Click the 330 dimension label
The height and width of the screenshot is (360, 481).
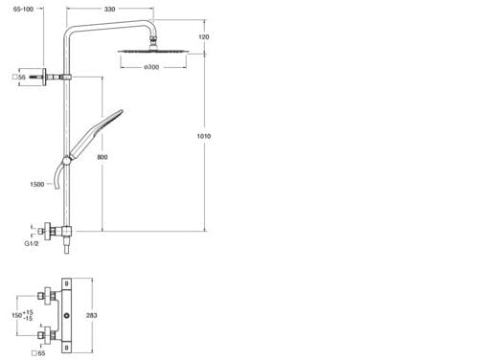coord(109,9)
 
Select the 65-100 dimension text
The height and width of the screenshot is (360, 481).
coord(23,9)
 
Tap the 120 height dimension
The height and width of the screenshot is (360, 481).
coord(204,37)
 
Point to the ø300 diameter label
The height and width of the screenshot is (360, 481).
coord(151,67)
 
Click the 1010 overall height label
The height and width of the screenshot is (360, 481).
coord(204,136)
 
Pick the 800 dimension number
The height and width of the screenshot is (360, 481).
coord(103,157)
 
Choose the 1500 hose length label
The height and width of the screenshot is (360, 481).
coord(37,184)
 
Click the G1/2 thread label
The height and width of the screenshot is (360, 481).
coord(32,243)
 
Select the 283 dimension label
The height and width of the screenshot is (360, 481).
coord(92,315)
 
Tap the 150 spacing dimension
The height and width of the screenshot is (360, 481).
coord(22,315)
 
